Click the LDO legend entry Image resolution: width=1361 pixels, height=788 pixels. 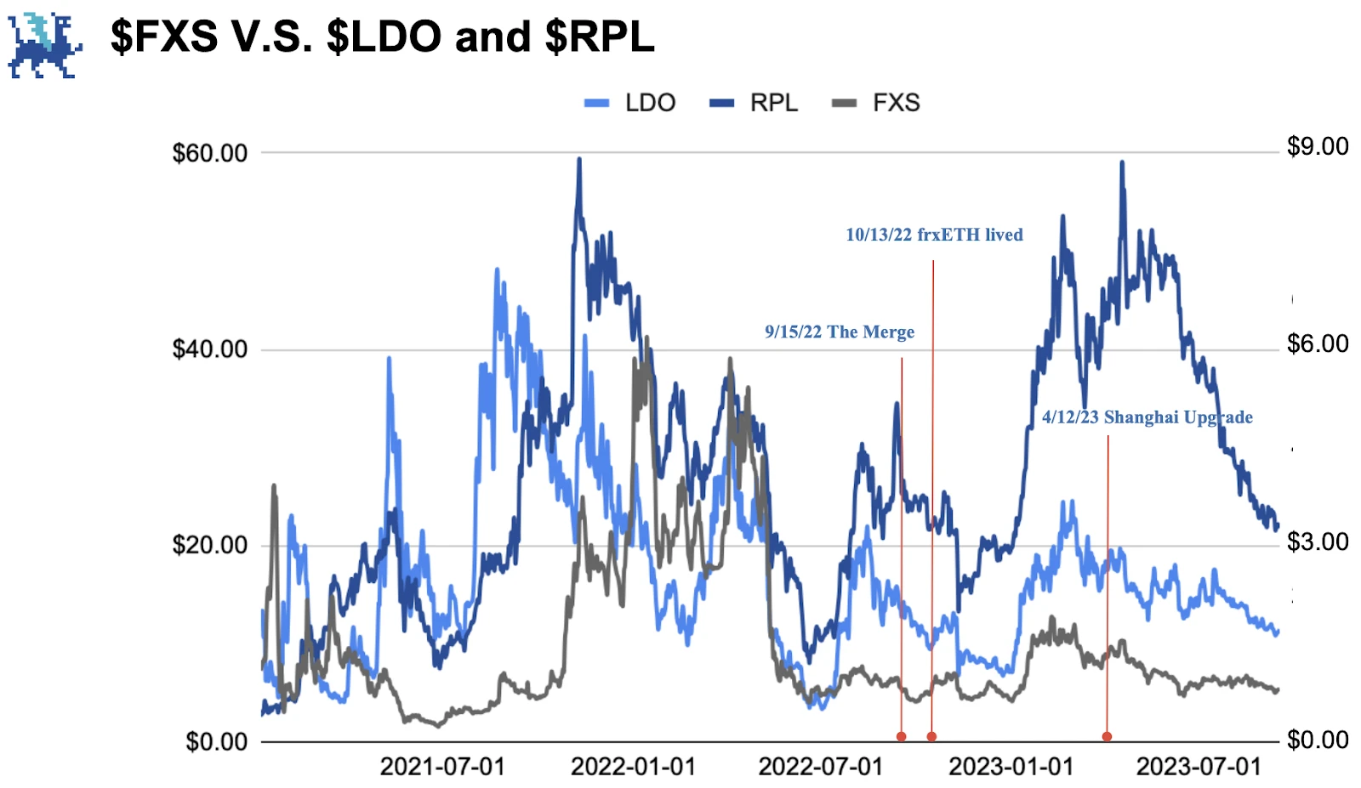631,103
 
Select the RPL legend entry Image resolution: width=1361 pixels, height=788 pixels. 755,103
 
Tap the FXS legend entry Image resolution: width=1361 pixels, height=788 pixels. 877,103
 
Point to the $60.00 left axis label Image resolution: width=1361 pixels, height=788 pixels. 209,153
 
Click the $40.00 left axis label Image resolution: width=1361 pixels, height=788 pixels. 209,349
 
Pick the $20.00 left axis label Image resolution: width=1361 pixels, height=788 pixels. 209,545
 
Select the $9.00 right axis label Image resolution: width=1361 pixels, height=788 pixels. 1317,146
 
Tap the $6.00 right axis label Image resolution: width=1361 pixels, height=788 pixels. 1317,343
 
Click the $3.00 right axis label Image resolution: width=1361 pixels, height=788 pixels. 1317,541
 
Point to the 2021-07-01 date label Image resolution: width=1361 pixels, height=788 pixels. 442,767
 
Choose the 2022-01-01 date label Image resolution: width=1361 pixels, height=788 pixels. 633,767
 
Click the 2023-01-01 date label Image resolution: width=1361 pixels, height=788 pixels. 1011,767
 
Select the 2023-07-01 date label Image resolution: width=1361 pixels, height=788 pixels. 1199,767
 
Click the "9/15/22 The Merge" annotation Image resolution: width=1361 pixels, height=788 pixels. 839,332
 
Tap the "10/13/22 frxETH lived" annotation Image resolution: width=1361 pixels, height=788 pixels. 934,235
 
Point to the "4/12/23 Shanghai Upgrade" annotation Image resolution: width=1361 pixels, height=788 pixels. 1147,417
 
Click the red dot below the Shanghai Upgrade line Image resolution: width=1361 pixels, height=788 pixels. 1107,736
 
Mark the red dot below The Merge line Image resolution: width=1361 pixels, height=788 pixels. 901,736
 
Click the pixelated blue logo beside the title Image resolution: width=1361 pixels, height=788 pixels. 44,44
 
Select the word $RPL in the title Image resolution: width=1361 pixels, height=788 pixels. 599,37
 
